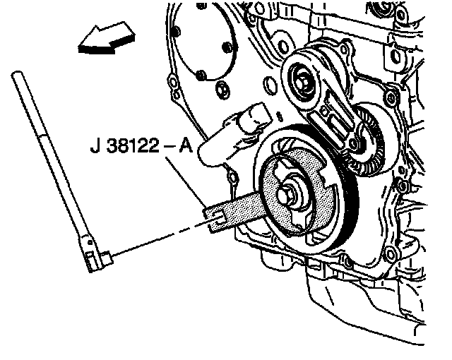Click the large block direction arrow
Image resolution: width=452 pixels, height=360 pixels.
point(107,39)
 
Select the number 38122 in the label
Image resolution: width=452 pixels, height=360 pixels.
point(133,145)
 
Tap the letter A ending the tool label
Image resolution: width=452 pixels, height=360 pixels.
point(186,145)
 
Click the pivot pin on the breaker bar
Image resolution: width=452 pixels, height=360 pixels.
point(90,243)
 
